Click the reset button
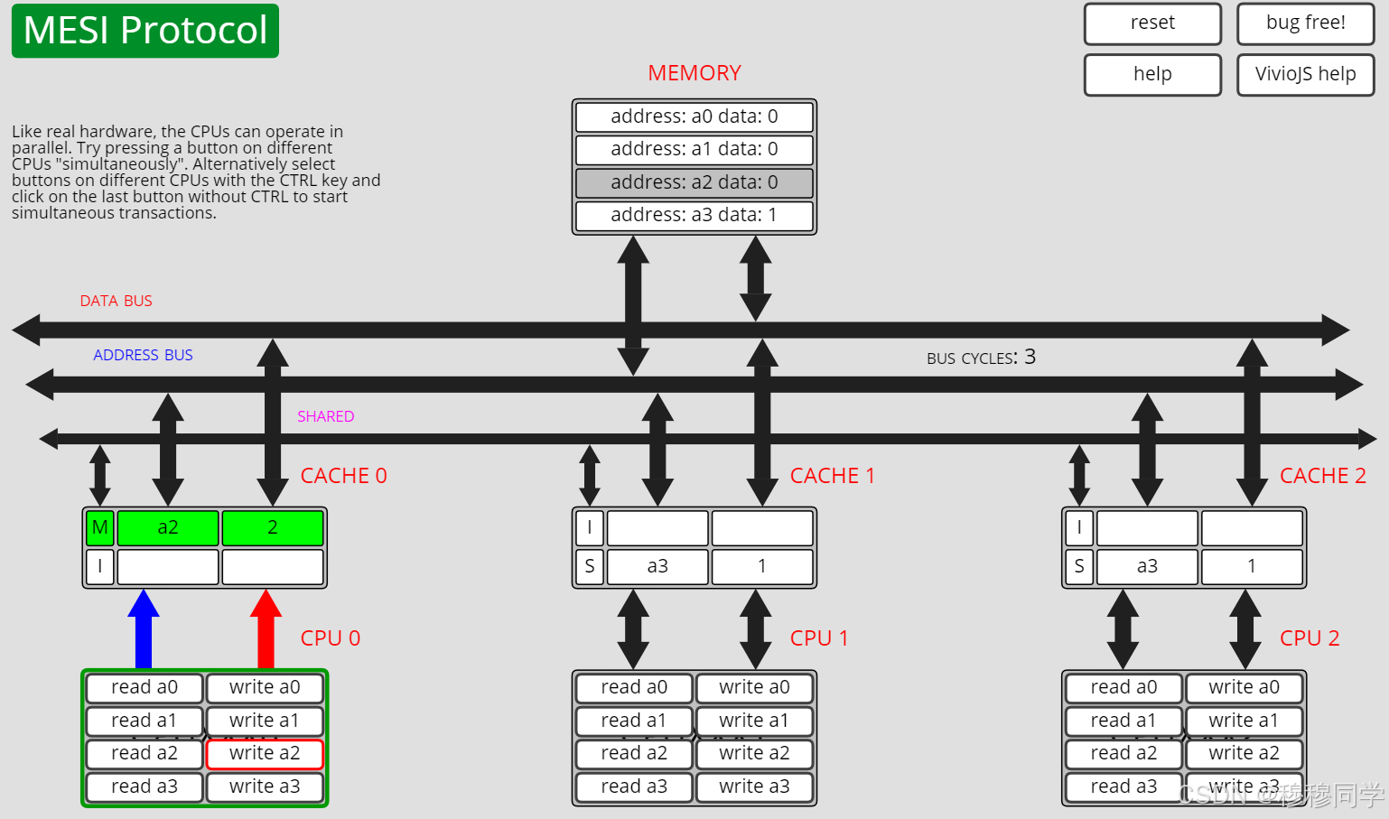[x=1152, y=23]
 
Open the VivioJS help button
[x=1305, y=75]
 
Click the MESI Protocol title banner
[x=145, y=31]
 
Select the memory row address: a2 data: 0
[x=694, y=182]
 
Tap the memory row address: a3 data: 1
[x=694, y=216]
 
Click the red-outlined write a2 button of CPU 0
[x=265, y=753]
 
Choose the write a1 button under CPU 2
[x=1244, y=721]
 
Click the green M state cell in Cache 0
[x=99, y=527]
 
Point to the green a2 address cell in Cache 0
[x=168, y=527]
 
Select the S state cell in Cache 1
[x=590, y=566]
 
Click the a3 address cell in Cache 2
[x=1147, y=566]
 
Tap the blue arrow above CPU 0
[x=144, y=629]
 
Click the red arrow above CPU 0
[x=266, y=629]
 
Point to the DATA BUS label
[x=116, y=301]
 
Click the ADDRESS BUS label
[x=143, y=355]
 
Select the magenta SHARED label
[x=325, y=416]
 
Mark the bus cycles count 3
[x=1030, y=357]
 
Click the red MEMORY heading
[x=694, y=73]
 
